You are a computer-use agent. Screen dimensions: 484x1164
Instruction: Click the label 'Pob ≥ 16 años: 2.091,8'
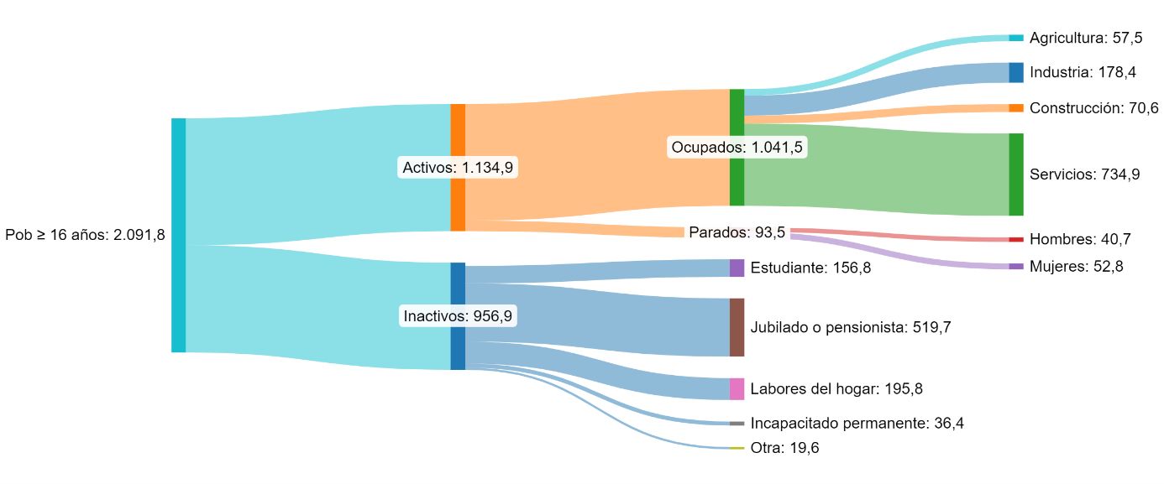(85, 235)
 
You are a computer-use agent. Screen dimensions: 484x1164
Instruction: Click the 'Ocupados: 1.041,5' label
(737, 148)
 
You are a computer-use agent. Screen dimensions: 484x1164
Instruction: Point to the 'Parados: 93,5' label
(737, 232)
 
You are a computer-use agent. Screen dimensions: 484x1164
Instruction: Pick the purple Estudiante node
(737, 268)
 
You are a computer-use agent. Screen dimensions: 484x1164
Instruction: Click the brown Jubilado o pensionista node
(737, 327)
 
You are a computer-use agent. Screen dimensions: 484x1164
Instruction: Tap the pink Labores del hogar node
(737, 388)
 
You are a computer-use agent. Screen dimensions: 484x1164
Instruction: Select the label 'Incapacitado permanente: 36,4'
(857, 424)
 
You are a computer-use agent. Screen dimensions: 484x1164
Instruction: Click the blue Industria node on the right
(1016, 72)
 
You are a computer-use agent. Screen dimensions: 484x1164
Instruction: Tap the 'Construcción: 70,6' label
(1093, 108)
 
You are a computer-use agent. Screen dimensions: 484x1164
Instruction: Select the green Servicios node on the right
(1016, 174)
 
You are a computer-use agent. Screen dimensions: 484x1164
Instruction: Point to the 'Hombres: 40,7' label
(1080, 239)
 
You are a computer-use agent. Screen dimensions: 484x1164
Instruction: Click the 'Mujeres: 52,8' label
(1076, 267)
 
